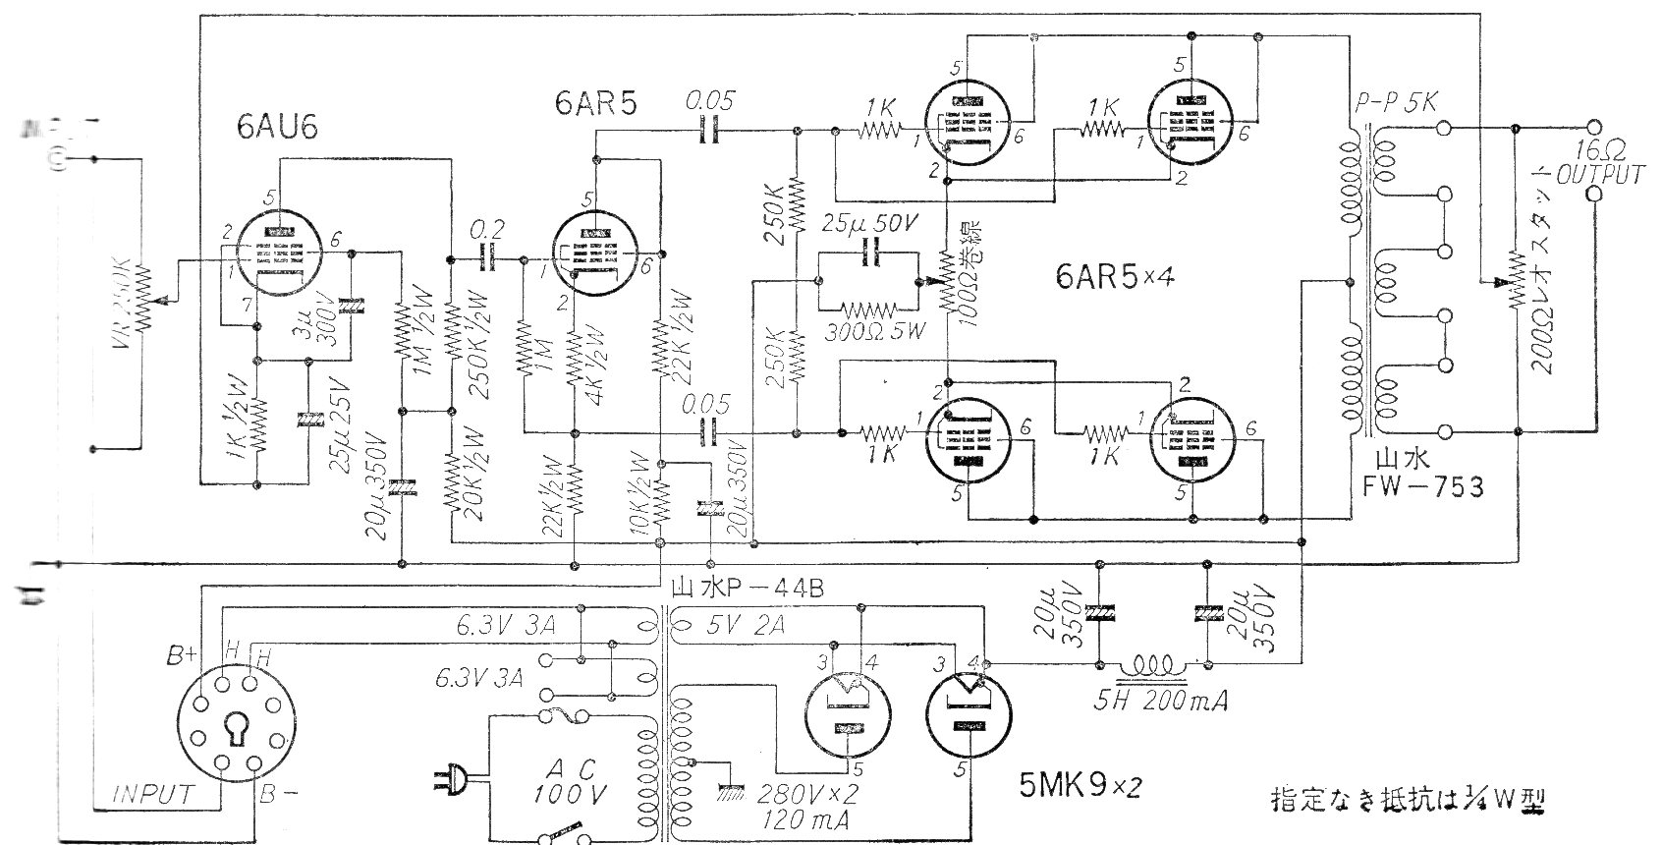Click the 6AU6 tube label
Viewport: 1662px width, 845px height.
click(x=277, y=128)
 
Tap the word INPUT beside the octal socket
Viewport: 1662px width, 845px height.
click(x=153, y=794)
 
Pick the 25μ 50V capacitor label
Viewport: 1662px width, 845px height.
click(x=869, y=222)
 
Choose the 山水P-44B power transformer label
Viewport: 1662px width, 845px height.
click(x=746, y=590)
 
